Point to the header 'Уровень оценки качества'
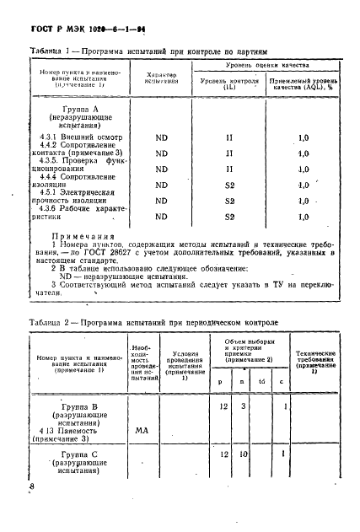click(x=263, y=65)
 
